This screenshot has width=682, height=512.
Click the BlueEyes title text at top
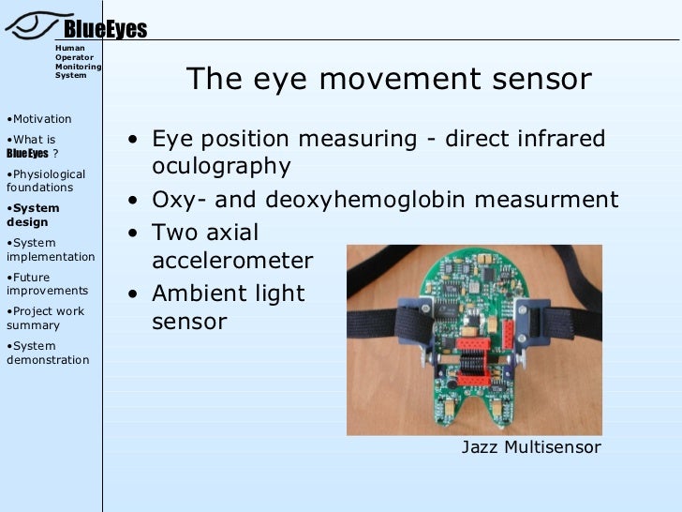click(x=105, y=30)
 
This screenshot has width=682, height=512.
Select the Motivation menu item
click(x=39, y=119)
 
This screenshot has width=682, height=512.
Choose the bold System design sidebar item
click(x=33, y=216)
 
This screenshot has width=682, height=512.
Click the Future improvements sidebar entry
click(x=47, y=284)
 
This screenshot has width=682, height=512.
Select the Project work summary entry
click(x=45, y=319)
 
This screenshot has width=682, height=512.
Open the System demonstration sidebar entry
click(x=48, y=354)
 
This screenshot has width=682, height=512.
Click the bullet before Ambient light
click(x=137, y=294)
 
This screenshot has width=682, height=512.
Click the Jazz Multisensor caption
click(x=531, y=447)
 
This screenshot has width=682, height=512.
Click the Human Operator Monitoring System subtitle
click(x=78, y=61)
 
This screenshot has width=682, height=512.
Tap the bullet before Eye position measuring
click(x=137, y=141)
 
